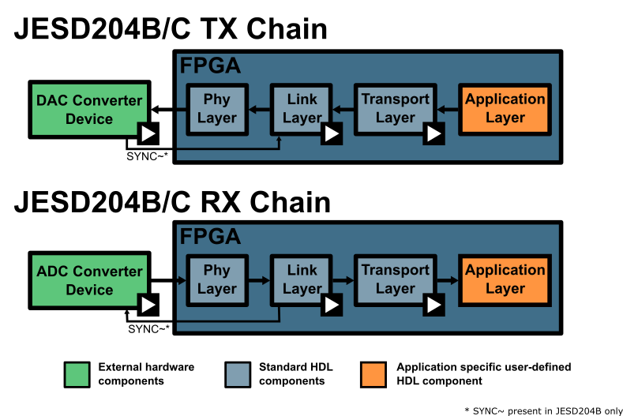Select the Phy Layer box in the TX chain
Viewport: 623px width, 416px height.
[x=216, y=108]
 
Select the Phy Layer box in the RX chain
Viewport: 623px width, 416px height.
[x=216, y=279]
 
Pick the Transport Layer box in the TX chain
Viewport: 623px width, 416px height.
[x=395, y=108]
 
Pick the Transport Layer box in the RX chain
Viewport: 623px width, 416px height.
[x=395, y=279]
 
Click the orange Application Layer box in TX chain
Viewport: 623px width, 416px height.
[x=505, y=108]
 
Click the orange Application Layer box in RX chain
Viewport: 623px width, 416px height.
[x=505, y=279]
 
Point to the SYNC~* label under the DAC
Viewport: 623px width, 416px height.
[x=148, y=156]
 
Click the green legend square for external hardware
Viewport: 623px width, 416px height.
[x=77, y=374]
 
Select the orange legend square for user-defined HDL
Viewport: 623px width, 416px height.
[x=373, y=374]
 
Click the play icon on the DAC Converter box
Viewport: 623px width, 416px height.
[x=148, y=133]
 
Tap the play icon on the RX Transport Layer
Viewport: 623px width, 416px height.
[x=433, y=305]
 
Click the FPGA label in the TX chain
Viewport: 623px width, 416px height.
[x=210, y=66]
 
